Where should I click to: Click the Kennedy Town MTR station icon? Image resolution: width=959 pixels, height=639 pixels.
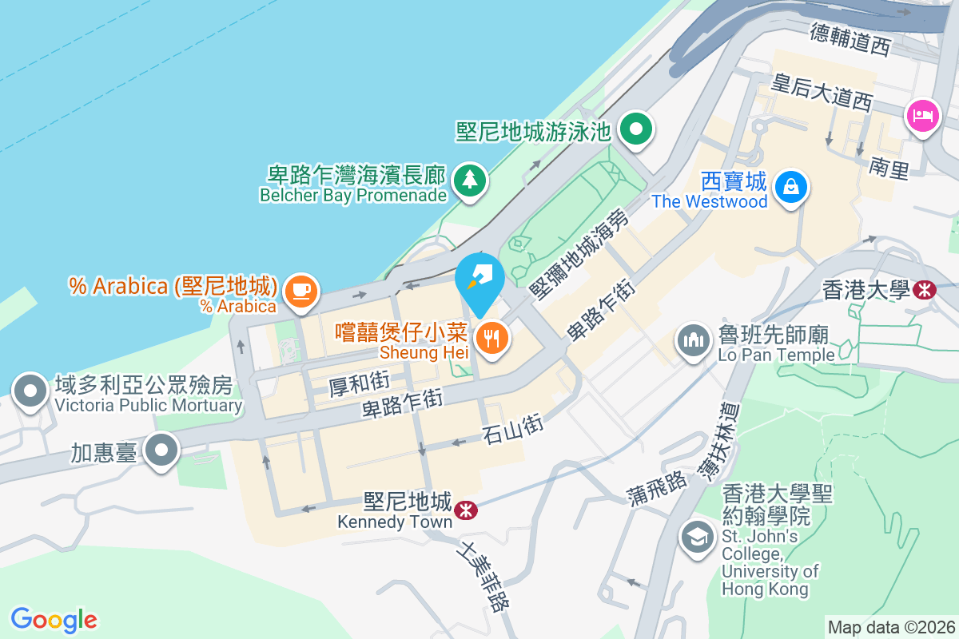tap(463, 509)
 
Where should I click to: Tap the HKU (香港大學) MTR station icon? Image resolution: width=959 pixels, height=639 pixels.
tap(925, 290)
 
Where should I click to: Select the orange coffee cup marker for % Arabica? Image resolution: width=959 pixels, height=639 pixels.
tap(300, 289)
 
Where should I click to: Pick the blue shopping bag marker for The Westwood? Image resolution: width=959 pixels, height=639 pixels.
tap(790, 188)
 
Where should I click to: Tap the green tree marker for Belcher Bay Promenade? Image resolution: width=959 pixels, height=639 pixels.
tap(469, 180)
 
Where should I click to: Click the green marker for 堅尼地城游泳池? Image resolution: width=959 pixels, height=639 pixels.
tap(636, 129)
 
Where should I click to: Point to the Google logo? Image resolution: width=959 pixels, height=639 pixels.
tap(54, 619)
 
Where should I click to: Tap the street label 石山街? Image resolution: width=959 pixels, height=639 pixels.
tap(513, 428)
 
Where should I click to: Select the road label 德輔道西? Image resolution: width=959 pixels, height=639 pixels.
tap(850, 38)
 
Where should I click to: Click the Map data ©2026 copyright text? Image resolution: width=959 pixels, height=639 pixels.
tap(890, 627)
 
